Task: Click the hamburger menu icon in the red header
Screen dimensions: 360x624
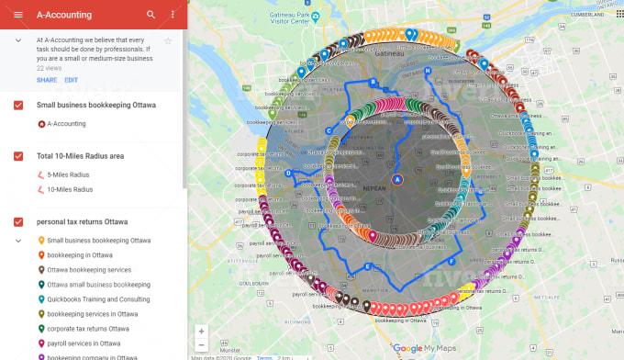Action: [18, 15]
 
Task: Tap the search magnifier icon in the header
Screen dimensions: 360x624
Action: [151, 15]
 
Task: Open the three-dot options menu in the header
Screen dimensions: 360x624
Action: [173, 15]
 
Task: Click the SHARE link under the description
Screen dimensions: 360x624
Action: [46, 80]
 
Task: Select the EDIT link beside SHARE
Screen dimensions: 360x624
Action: [71, 80]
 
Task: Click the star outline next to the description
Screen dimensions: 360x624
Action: [168, 41]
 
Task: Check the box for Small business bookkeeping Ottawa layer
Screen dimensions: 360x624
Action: [18, 106]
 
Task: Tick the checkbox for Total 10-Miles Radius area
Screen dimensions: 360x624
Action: [18, 156]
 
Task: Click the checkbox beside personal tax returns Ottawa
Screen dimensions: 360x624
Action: [18, 222]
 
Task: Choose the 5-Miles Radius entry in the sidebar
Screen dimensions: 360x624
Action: [69, 174]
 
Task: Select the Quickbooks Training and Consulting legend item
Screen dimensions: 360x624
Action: [99, 299]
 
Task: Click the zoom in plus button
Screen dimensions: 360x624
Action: [201, 331]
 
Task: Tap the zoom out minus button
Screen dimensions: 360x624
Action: [201, 345]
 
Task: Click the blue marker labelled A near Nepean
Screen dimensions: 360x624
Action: [397, 179]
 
